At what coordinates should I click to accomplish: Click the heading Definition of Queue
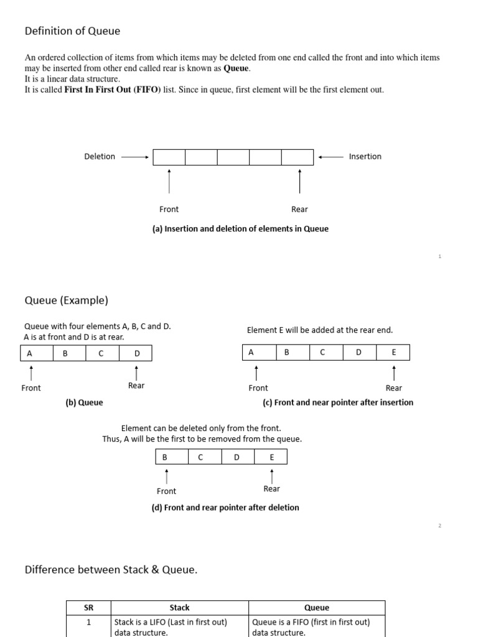coord(72,30)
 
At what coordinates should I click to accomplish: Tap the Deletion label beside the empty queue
coord(100,157)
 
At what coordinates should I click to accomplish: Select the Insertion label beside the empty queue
coord(365,157)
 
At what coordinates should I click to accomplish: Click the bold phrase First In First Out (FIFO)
coord(113,90)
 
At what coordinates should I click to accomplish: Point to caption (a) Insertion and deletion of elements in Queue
coord(240,229)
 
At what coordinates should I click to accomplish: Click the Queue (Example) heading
coord(67,300)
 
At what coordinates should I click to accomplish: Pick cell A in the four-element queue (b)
coord(29,353)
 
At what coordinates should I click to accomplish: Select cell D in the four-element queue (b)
coord(137,353)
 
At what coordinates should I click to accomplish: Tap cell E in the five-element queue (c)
coord(393,353)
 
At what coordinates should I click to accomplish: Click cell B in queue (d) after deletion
coord(165,457)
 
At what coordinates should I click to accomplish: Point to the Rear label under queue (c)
coord(393,388)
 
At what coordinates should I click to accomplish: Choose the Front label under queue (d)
coord(166,491)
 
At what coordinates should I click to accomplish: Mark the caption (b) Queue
coord(84,402)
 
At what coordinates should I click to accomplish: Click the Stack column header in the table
coord(179,608)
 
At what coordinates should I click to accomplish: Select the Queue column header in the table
coord(317,608)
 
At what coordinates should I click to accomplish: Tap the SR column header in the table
coord(88,608)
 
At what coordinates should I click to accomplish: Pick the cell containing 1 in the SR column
coord(88,622)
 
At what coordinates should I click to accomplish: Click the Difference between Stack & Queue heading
coord(111,570)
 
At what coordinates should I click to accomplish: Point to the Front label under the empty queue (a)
coord(169,210)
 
